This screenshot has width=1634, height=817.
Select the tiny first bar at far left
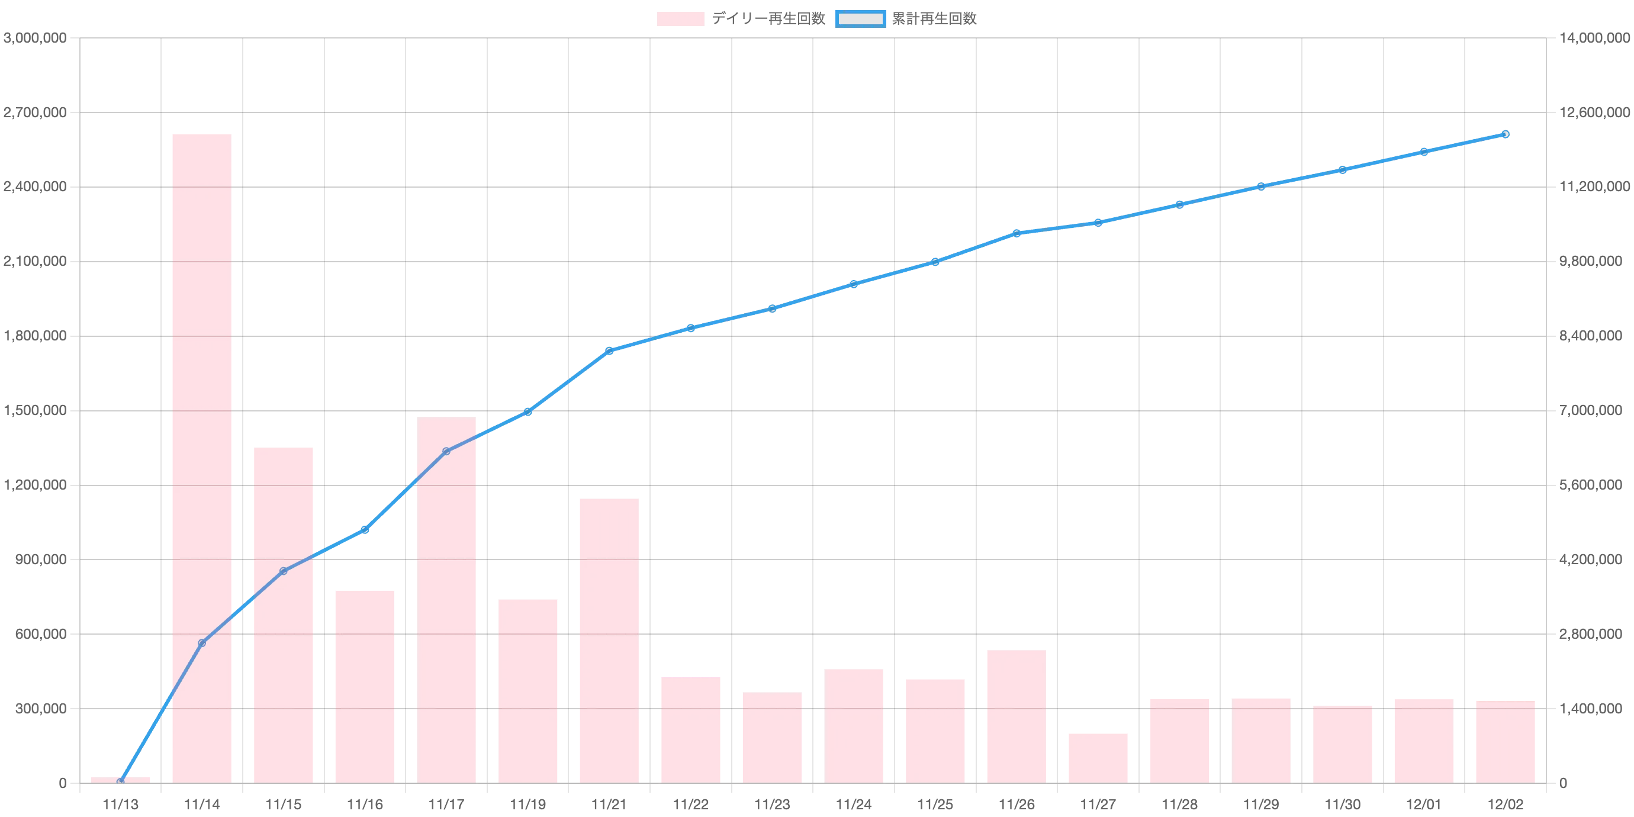pyautogui.click(x=121, y=780)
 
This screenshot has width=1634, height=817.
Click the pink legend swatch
pyautogui.click(x=678, y=20)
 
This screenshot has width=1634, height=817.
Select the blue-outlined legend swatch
pyautogui.click(x=860, y=20)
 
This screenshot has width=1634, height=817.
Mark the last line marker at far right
pyautogui.click(x=1505, y=134)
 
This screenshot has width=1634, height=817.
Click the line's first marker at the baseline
pyautogui.click(x=121, y=782)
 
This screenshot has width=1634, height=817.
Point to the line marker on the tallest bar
pyautogui.click(x=202, y=643)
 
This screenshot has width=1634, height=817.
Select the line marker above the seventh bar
pyautogui.click(x=609, y=350)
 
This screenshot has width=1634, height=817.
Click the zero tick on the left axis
pyautogui.click(x=61, y=784)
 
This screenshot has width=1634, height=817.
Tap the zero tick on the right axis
pyautogui.click(x=1564, y=784)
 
